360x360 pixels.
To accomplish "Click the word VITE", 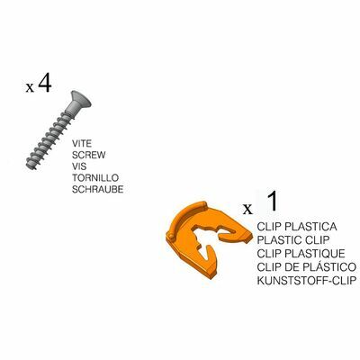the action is point(82,144).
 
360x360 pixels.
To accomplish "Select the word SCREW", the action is point(89,155).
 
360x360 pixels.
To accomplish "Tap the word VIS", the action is point(79,166).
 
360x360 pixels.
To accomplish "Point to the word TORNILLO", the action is point(95,178).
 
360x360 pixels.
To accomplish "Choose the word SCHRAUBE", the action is point(97,189).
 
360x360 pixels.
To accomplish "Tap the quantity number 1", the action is point(272,201).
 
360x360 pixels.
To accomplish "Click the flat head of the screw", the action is point(79,101).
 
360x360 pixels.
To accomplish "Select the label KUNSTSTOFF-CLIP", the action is point(307,281).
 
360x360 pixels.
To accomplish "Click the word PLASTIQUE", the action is point(315,254).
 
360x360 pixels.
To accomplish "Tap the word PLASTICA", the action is point(310,227).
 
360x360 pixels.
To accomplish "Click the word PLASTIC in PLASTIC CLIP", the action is point(280,240).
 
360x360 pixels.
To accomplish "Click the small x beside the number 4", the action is point(30,88).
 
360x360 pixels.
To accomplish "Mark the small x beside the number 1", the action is point(247,209).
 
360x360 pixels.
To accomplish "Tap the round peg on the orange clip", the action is point(171,236).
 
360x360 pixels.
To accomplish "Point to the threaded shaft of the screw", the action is point(49,139).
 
